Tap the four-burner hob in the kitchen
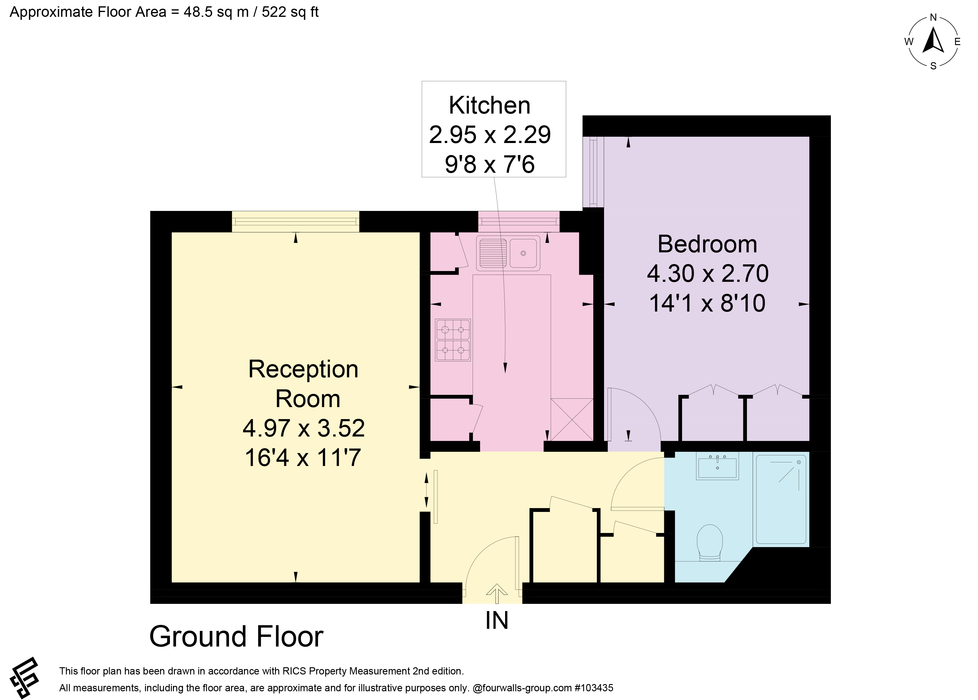[x=453, y=340]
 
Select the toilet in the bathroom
[x=709, y=542]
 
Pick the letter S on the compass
[x=933, y=66]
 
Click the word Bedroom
[x=707, y=244]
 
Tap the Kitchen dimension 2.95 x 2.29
[x=490, y=135]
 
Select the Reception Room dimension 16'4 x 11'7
[x=303, y=458]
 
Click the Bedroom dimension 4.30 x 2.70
[x=708, y=273]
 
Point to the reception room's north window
[x=295, y=221]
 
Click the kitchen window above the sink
[x=519, y=221]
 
